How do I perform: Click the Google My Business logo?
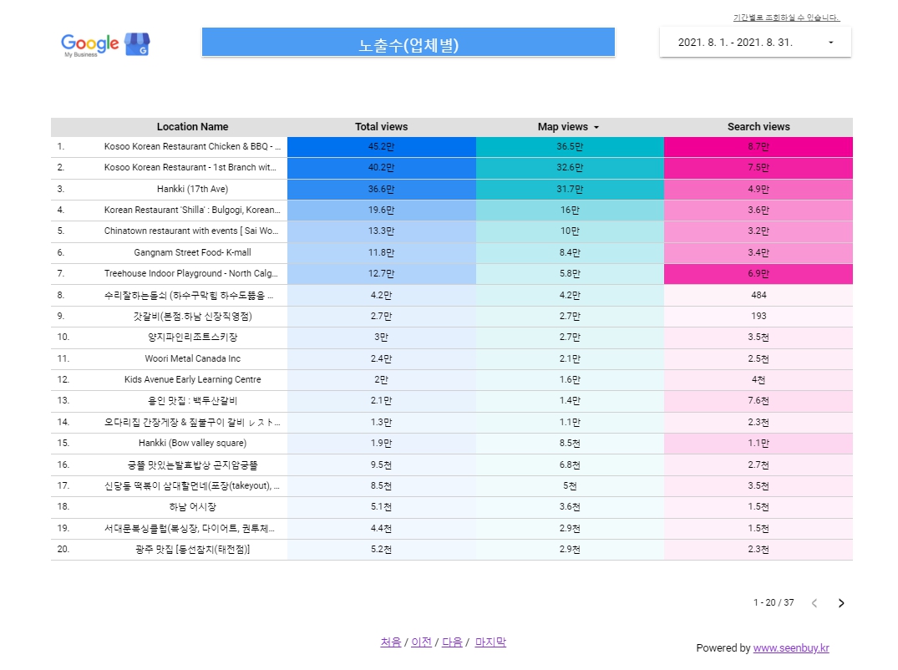[x=104, y=44]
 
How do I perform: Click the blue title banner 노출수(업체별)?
[x=408, y=44]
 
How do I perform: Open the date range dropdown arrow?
[x=830, y=43]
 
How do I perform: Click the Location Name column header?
[x=192, y=127]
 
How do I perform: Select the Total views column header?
[x=381, y=127]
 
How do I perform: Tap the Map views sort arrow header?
[x=596, y=128]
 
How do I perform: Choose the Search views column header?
[x=758, y=127]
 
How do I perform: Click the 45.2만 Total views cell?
[x=381, y=147]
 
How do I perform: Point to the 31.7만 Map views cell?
[x=571, y=190]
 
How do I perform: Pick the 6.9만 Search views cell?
[x=758, y=274]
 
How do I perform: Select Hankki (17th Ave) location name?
[x=192, y=190]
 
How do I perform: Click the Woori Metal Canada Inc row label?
[x=192, y=359]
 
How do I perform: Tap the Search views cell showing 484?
[x=758, y=296]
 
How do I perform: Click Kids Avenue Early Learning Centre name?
[x=192, y=380]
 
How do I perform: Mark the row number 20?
[x=63, y=550]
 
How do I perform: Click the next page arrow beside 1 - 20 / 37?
[x=841, y=603]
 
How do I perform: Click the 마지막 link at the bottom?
[x=490, y=642]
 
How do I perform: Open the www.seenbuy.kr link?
[x=790, y=648]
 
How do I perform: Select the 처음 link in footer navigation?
[x=390, y=642]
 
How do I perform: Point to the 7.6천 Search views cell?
[x=758, y=401]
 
